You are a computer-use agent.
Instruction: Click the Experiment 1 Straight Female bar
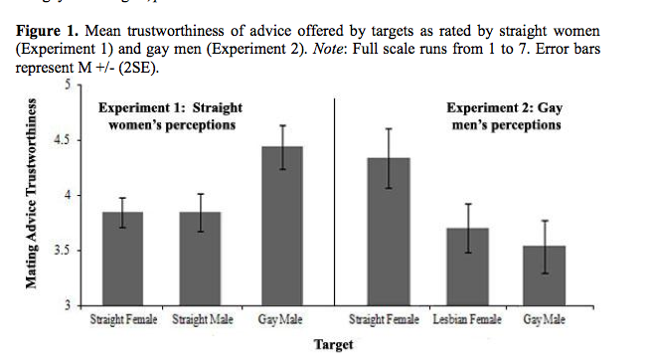tap(123, 259)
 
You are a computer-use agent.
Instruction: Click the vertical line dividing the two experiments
tap(334, 199)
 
